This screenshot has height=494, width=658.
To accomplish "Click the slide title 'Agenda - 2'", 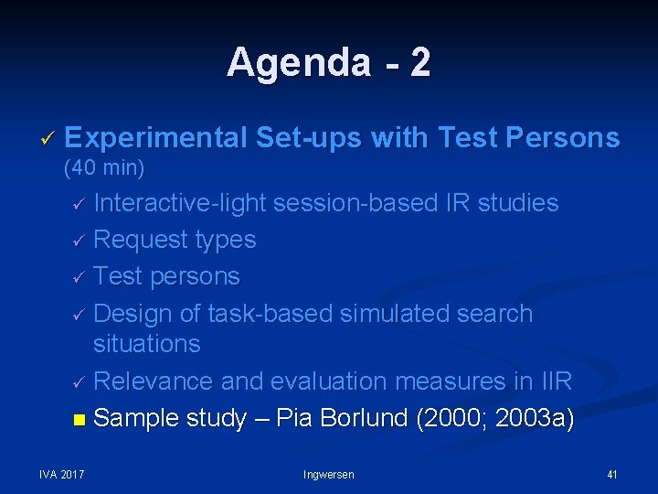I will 328,63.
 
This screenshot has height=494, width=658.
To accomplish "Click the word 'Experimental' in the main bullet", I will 156,138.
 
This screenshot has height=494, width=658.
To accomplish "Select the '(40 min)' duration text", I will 104,168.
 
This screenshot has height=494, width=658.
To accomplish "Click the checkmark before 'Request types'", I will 80,241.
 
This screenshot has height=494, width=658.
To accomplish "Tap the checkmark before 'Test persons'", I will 80,277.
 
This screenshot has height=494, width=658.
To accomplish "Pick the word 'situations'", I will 146,344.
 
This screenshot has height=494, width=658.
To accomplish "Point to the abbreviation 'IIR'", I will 554,381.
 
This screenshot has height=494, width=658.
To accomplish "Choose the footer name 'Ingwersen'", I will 328,474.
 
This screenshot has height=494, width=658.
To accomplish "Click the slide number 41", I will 611,474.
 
